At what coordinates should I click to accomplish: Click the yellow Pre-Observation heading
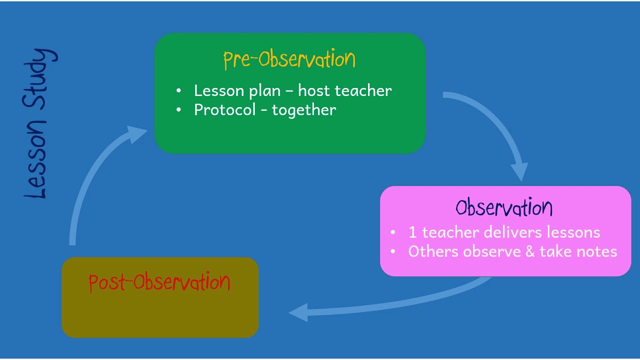(289, 59)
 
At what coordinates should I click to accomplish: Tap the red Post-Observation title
(159, 282)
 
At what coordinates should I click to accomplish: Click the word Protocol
(224, 110)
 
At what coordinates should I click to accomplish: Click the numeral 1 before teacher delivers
(412, 232)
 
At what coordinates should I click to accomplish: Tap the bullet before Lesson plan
(179, 91)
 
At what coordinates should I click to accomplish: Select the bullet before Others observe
(393, 251)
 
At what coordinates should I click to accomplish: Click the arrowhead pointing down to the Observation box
(520, 171)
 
